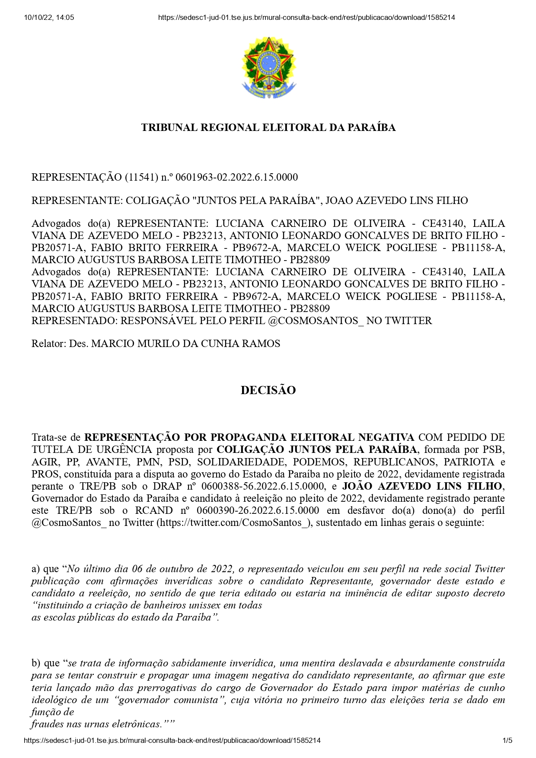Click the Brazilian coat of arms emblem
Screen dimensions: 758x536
click(268, 68)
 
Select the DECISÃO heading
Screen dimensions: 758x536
click(268, 390)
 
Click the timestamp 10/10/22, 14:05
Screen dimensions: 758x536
click(49, 18)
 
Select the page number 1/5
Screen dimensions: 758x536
click(507, 740)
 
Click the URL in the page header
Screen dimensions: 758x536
click(306, 18)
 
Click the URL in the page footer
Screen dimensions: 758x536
click(172, 740)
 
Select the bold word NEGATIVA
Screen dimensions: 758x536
click(386, 437)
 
